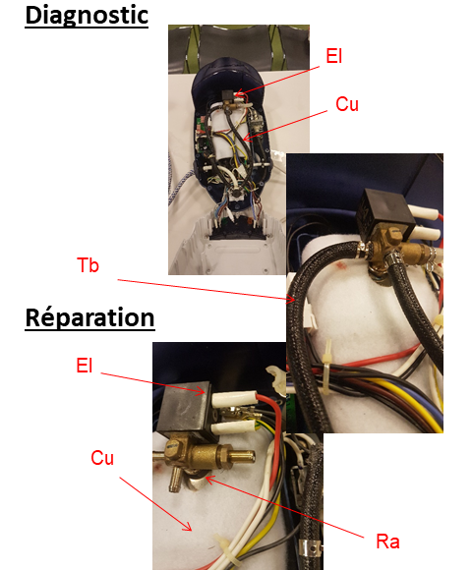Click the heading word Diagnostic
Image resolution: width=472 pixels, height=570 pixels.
point(87,16)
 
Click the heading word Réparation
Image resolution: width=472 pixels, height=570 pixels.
point(89,318)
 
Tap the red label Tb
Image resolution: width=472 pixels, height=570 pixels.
point(88,265)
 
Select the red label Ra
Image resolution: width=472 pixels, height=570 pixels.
point(387,541)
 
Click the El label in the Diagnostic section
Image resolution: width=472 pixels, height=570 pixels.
point(333,56)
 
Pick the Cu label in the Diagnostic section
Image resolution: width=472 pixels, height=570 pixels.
point(347,104)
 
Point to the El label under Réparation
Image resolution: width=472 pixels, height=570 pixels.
point(85,366)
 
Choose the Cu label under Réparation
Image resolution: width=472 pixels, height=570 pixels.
point(102,458)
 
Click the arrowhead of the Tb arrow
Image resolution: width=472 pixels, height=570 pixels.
point(291,299)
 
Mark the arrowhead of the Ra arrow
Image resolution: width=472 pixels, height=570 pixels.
point(209,480)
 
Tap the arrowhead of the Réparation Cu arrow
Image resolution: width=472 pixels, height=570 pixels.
point(188,528)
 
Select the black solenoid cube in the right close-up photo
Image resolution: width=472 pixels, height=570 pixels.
point(385,213)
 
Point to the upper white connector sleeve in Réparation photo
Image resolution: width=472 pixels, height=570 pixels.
point(235,399)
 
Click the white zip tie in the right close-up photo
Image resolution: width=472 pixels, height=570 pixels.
point(327,368)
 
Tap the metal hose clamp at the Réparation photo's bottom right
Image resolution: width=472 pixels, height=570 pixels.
point(309,549)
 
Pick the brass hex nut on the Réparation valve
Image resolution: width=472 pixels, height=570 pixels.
point(222,457)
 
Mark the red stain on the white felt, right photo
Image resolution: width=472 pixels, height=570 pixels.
point(341,266)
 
